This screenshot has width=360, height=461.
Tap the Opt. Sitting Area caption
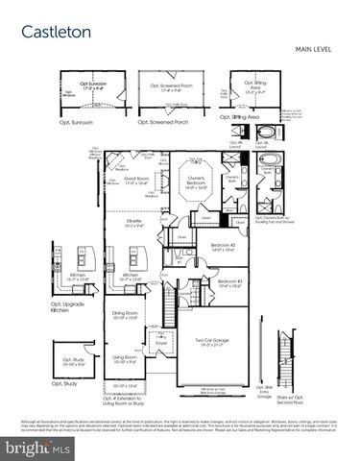(x=240, y=117)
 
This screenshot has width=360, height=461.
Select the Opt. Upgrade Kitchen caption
(x=64, y=310)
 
